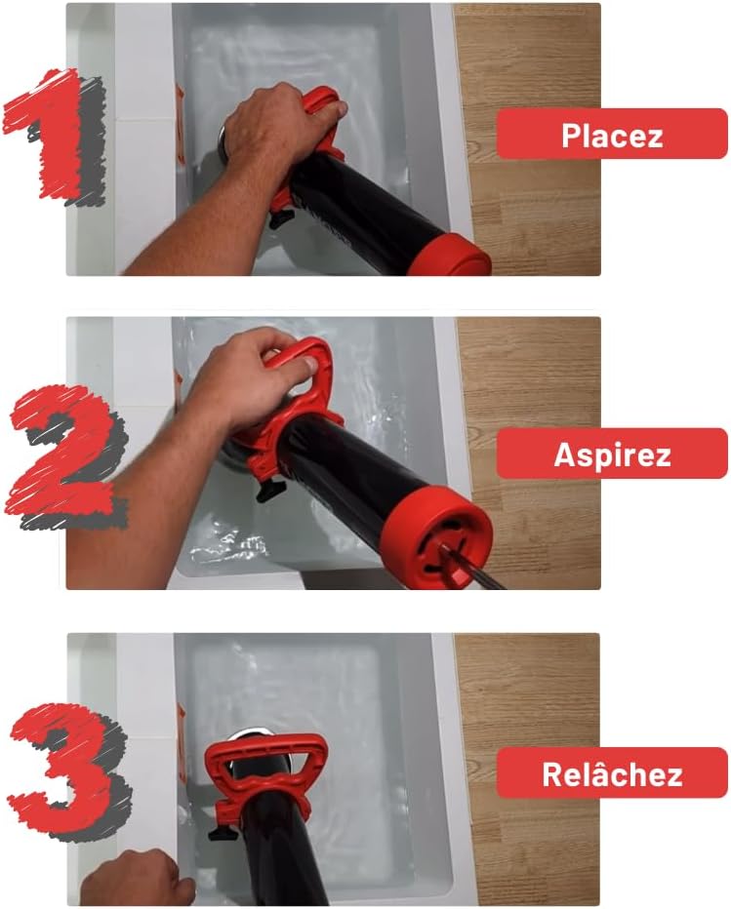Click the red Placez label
611,135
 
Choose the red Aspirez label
611,454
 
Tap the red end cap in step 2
429,542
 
